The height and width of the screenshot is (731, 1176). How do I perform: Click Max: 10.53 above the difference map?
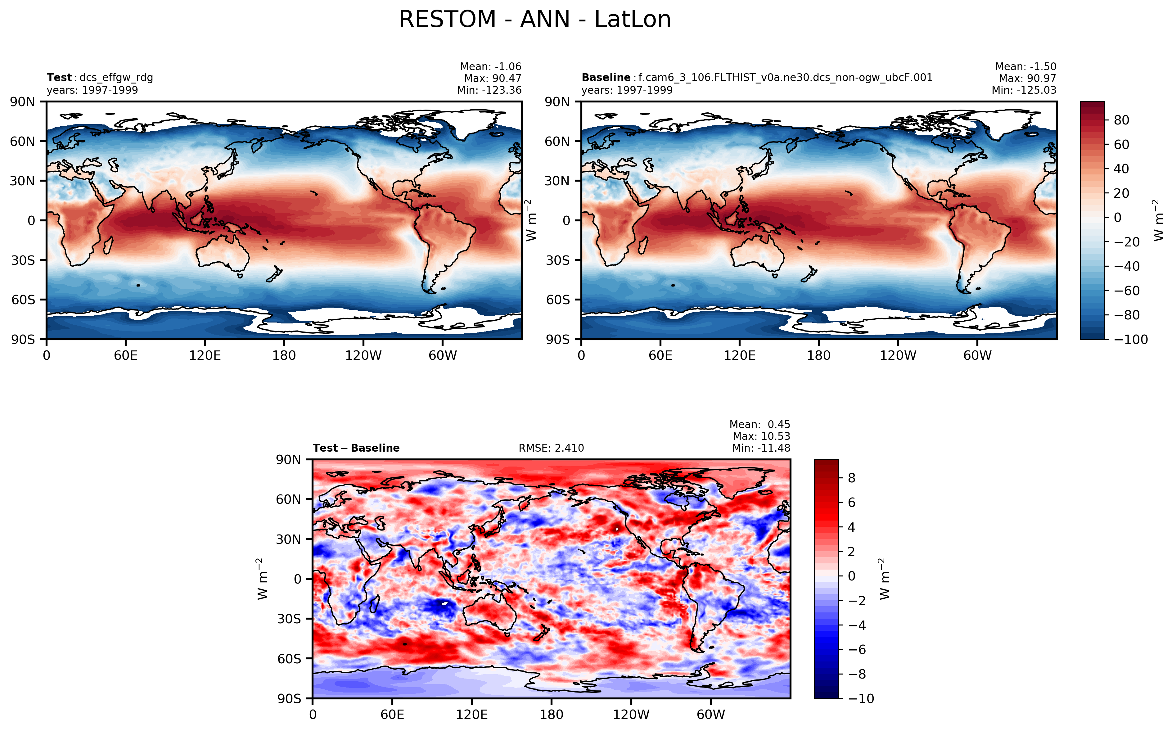[x=761, y=436]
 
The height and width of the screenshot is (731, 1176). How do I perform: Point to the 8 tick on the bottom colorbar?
[x=852, y=478]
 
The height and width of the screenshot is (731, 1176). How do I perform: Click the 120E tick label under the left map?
[x=205, y=356]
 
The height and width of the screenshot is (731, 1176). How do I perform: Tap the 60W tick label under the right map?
[x=977, y=356]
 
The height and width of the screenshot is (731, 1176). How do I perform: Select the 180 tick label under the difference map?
[x=552, y=715]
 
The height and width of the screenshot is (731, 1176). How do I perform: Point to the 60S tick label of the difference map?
[x=289, y=659]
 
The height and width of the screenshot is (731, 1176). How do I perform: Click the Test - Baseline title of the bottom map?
[x=356, y=448]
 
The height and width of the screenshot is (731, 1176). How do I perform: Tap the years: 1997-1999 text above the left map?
[x=92, y=90]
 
